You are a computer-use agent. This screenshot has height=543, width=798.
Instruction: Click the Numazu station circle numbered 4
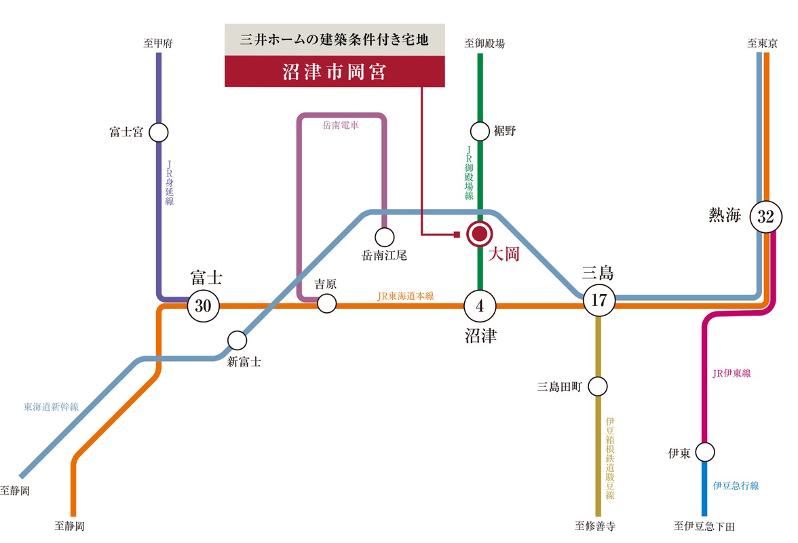point(479,306)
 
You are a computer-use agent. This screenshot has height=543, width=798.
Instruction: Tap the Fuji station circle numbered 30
point(203,306)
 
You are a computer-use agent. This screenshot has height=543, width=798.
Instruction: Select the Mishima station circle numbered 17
point(598,300)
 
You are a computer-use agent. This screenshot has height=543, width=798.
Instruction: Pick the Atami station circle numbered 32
point(765,217)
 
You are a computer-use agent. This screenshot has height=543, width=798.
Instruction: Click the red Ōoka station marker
point(479,234)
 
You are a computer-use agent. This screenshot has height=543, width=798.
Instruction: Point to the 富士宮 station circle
point(158,132)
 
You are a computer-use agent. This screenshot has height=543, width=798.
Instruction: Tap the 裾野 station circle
point(479,131)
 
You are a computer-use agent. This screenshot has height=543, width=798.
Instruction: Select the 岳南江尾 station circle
point(384,237)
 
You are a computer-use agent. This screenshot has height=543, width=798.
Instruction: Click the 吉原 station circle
point(326,304)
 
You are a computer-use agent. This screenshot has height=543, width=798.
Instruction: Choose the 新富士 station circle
point(237,341)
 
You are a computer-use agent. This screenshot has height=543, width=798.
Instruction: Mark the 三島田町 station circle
point(597,386)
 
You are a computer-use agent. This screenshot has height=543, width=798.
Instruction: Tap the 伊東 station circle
point(705,452)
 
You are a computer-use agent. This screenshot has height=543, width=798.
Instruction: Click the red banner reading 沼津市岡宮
point(335,71)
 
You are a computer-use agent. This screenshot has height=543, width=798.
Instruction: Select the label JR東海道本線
point(406,296)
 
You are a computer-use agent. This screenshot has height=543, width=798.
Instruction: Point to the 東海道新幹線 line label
point(51,407)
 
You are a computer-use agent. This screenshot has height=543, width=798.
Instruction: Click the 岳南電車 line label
point(341,125)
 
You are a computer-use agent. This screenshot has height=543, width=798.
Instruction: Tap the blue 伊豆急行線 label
point(736,485)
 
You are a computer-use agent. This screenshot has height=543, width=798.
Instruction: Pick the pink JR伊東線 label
point(731,373)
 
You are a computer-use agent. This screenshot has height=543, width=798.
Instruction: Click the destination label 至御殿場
point(484,43)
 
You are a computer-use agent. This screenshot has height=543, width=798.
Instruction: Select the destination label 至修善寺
point(595,526)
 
